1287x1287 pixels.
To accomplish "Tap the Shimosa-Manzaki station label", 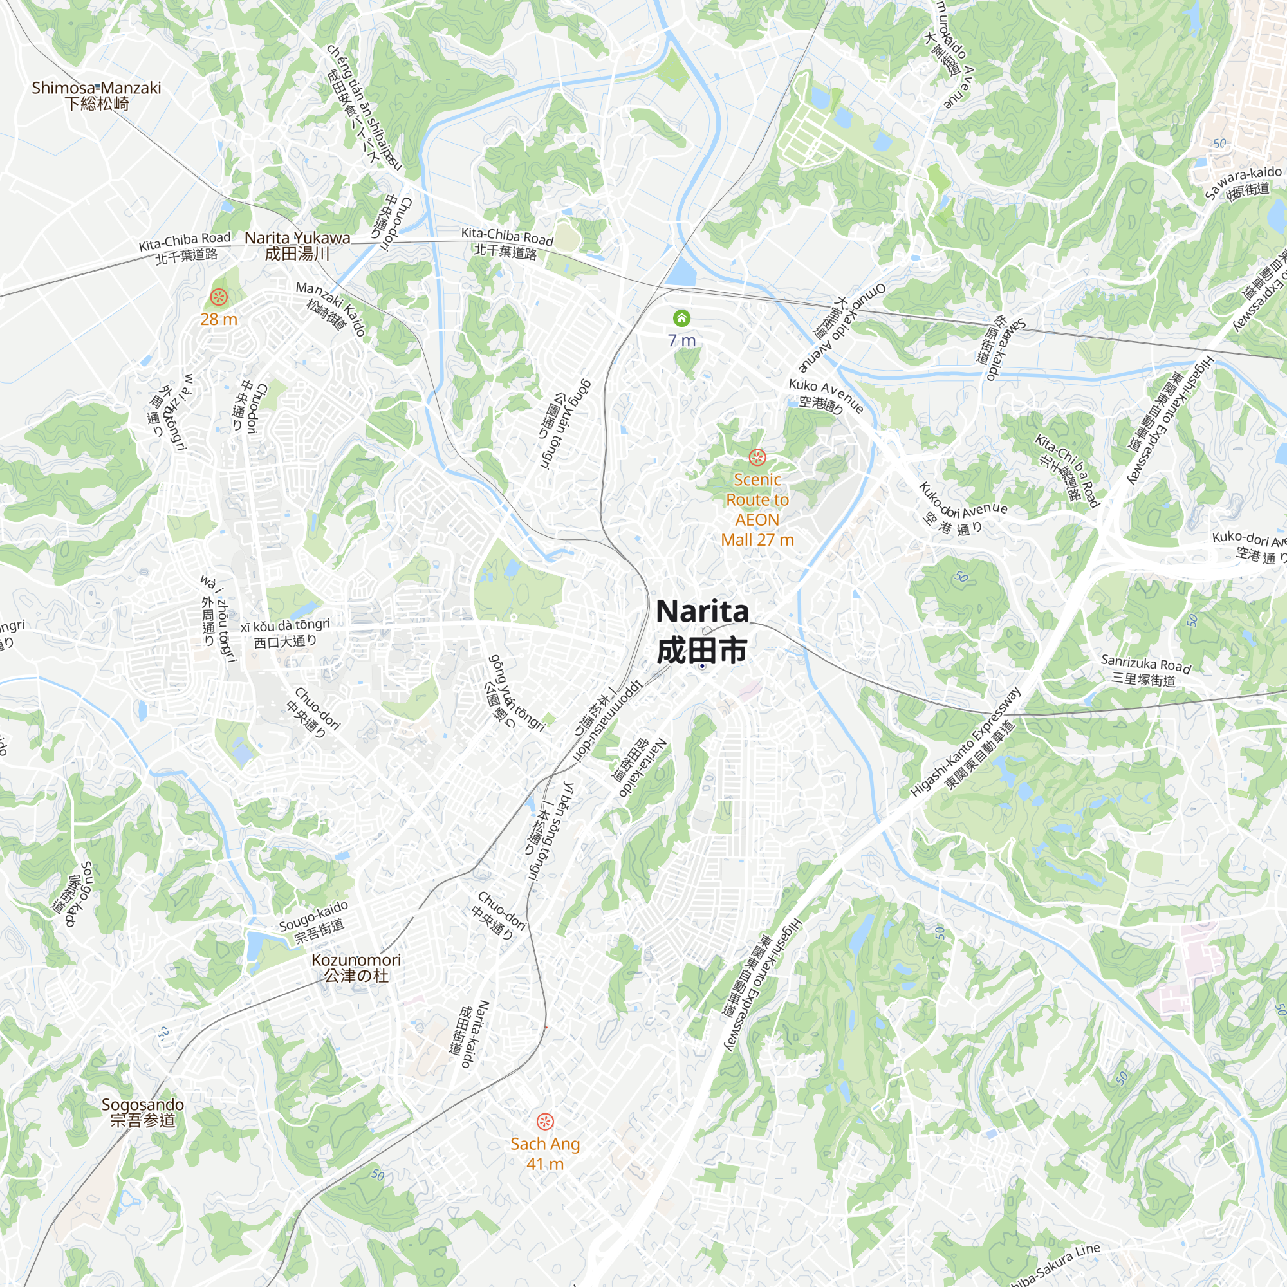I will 97,95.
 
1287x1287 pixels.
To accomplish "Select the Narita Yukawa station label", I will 297,245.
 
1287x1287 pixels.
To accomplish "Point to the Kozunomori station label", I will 356,967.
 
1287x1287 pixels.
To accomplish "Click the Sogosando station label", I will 143,1112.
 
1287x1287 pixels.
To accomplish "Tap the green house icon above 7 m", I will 681,318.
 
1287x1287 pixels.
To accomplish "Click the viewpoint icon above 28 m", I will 219,297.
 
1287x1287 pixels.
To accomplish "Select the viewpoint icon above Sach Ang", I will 545,1121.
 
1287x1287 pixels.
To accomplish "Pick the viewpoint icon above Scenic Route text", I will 757,457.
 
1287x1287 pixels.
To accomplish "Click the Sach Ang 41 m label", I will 545,1153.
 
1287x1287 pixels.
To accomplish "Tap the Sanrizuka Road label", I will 1145,670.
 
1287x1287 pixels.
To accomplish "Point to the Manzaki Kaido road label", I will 331,308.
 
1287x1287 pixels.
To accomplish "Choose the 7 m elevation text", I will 681,340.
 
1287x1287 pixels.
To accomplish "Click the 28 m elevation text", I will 219,319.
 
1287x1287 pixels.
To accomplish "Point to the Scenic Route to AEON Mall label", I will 757,510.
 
